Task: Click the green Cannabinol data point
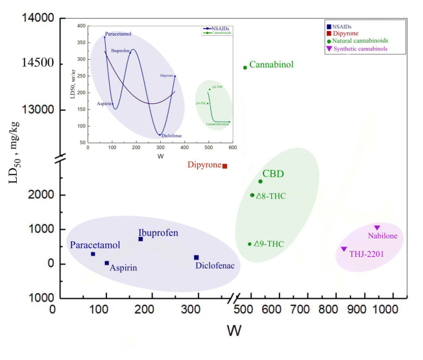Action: tap(245, 67)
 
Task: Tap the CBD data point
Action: tap(260, 182)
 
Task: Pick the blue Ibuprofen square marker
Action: tap(140, 239)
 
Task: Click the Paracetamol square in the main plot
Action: tap(93, 254)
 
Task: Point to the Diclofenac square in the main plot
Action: tap(196, 258)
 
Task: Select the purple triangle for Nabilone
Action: tap(377, 228)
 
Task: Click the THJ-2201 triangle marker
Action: tap(344, 249)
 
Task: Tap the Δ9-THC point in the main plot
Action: tap(250, 244)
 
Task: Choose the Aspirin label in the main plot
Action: tap(123, 267)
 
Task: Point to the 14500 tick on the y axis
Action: tap(34, 63)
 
